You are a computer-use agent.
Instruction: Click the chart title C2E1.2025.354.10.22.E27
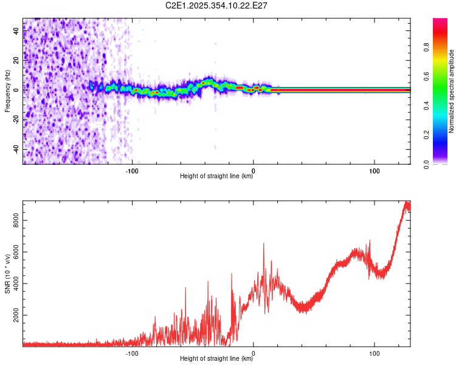point(217,5)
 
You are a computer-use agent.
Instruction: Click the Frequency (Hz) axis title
point(8,91)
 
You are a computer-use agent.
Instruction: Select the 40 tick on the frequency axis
point(16,31)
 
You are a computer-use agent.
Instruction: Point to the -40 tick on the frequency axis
point(16,149)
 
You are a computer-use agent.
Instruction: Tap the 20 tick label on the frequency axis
point(16,61)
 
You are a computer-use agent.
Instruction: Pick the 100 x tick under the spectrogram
point(375,170)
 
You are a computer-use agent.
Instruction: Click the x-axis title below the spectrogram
point(217,176)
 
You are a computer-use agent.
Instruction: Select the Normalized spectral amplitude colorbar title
point(452,91)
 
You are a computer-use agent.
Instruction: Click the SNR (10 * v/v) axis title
point(8,274)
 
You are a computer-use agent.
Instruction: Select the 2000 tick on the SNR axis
point(16,315)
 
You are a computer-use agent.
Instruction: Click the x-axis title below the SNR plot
point(217,359)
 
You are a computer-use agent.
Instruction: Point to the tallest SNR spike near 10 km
point(263,243)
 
